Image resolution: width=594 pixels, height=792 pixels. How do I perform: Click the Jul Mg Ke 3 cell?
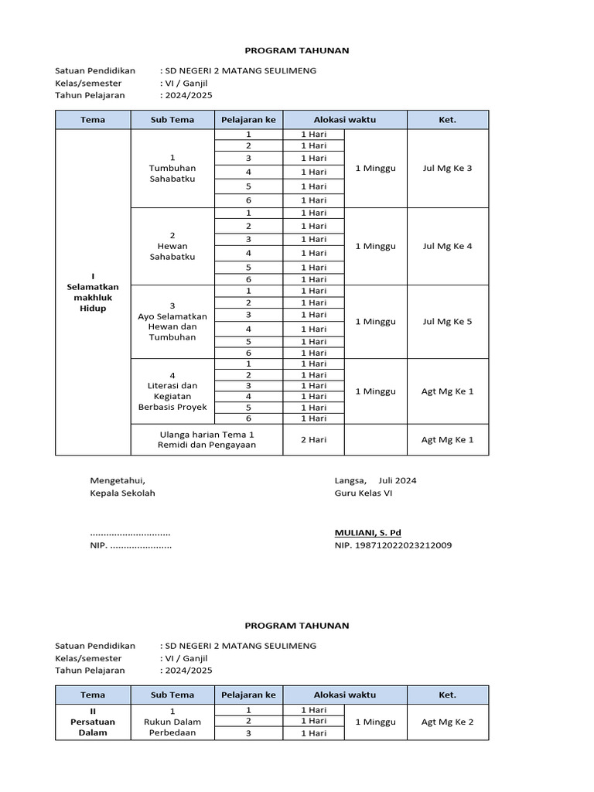pyautogui.click(x=447, y=169)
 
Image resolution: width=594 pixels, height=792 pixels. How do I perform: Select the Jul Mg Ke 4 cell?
pyautogui.click(x=447, y=247)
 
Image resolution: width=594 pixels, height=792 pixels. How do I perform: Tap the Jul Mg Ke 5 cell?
pyautogui.click(x=447, y=322)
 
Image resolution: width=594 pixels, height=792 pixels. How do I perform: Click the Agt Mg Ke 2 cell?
pyautogui.click(x=447, y=722)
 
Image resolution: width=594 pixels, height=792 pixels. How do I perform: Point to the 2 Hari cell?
pyautogui.click(x=313, y=439)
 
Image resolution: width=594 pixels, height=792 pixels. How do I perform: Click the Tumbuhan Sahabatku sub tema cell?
pyautogui.click(x=172, y=169)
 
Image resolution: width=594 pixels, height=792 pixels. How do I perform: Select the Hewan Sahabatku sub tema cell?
pyautogui.click(x=172, y=247)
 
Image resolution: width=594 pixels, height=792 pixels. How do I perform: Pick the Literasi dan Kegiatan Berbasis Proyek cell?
pyautogui.click(x=172, y=391)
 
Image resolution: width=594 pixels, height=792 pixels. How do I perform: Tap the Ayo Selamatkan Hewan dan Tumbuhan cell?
pyautogui.click(x=172, y=322)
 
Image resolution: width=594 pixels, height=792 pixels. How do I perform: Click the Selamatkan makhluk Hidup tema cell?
pyautogui.click(x=93, y=292)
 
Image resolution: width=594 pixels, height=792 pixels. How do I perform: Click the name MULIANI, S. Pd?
pyautogui.click(x=367, y=533)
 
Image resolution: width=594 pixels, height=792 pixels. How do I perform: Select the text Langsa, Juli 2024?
pyautogui.click(x=375, y=480)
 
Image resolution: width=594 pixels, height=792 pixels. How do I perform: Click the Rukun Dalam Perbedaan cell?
pyautogui.click(x=172, y=722)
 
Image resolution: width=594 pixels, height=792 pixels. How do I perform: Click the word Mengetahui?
pyautogui.click(x=117, y=480)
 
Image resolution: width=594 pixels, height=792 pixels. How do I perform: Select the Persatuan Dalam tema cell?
pyautogui.click(x=93, y=722)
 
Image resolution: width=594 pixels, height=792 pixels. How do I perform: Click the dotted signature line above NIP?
pyautogui.click(x=130, y=534)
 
